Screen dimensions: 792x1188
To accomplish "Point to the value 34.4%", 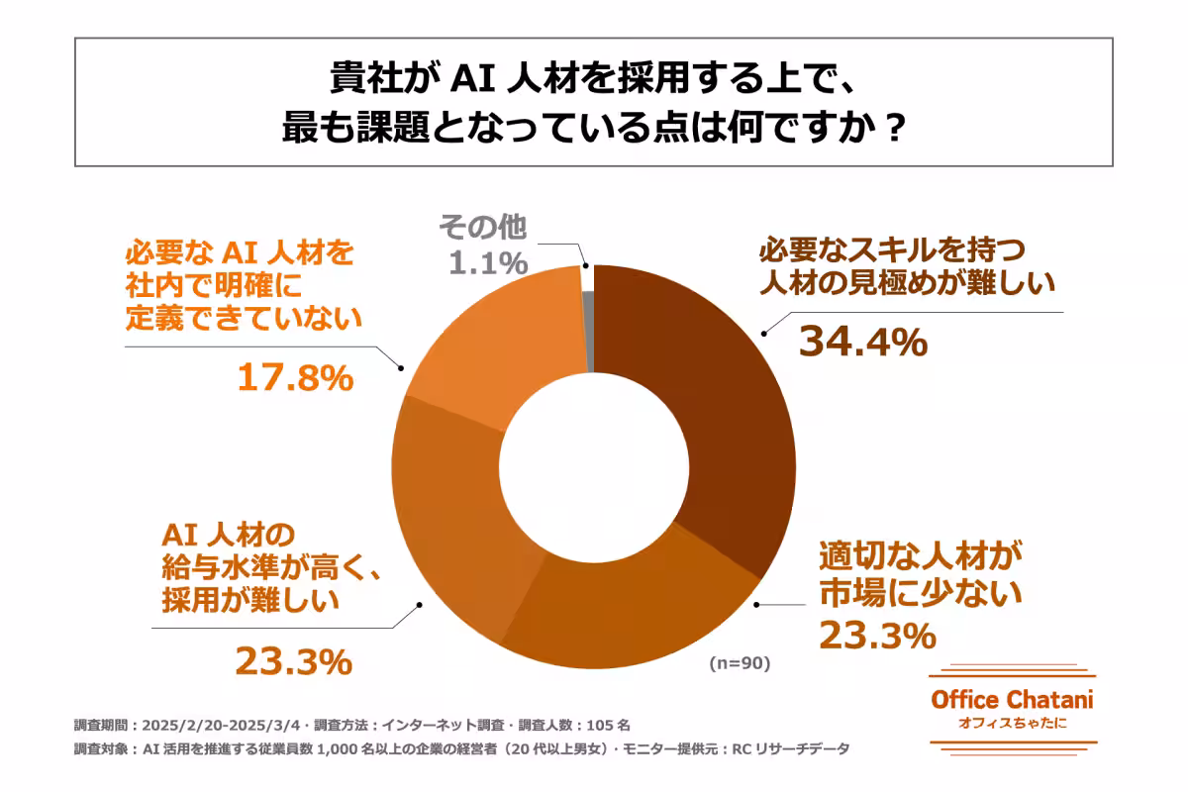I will point(862,342).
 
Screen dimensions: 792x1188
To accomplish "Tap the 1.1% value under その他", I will point(486,263).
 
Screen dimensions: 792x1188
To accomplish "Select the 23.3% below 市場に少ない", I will point(877,635).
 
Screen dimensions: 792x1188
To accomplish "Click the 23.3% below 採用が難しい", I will point(293,661).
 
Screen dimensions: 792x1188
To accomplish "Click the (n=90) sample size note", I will point(739,663).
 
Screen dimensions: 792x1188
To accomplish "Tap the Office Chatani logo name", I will point(1012,699).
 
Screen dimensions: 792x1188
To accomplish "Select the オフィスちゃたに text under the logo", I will point(1012,723).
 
